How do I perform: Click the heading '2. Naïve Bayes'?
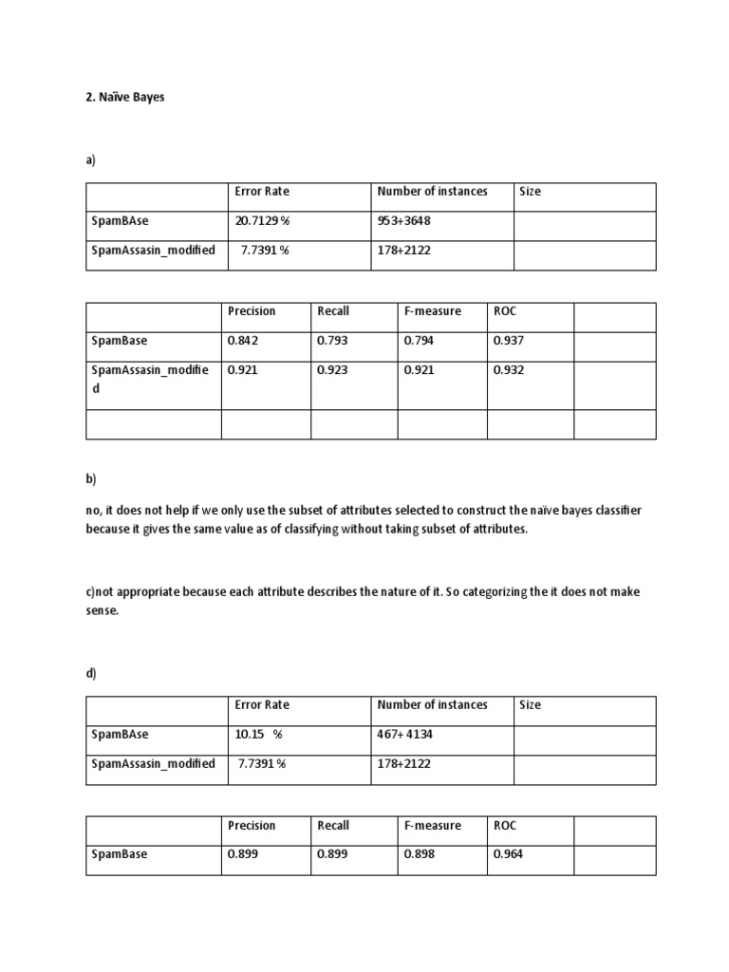[x=124, y=97]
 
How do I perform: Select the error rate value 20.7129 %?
[x=262, y=221]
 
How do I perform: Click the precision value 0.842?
[x=243, y=341]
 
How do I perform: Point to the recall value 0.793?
[x=332, y=341]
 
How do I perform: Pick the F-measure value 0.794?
[x=419, y=341]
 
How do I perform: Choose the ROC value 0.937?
[x=508, y=341]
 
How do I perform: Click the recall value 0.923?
[x=332, y=370]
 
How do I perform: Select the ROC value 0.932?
[x=508, y=370]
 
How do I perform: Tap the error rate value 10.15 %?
[x=259, y=735]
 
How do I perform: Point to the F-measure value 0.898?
[x=419, y=854]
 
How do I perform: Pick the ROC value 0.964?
[x=508, y=854]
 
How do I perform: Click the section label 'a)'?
[x=91, y=161]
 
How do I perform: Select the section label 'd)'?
[x=91, y=674]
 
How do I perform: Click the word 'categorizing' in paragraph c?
[x=488, y=592]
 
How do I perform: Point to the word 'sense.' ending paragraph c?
[x=103, y=610]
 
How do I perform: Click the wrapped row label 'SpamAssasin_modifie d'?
[x=149, y=379]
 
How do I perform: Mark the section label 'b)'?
[x=91, y=479]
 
